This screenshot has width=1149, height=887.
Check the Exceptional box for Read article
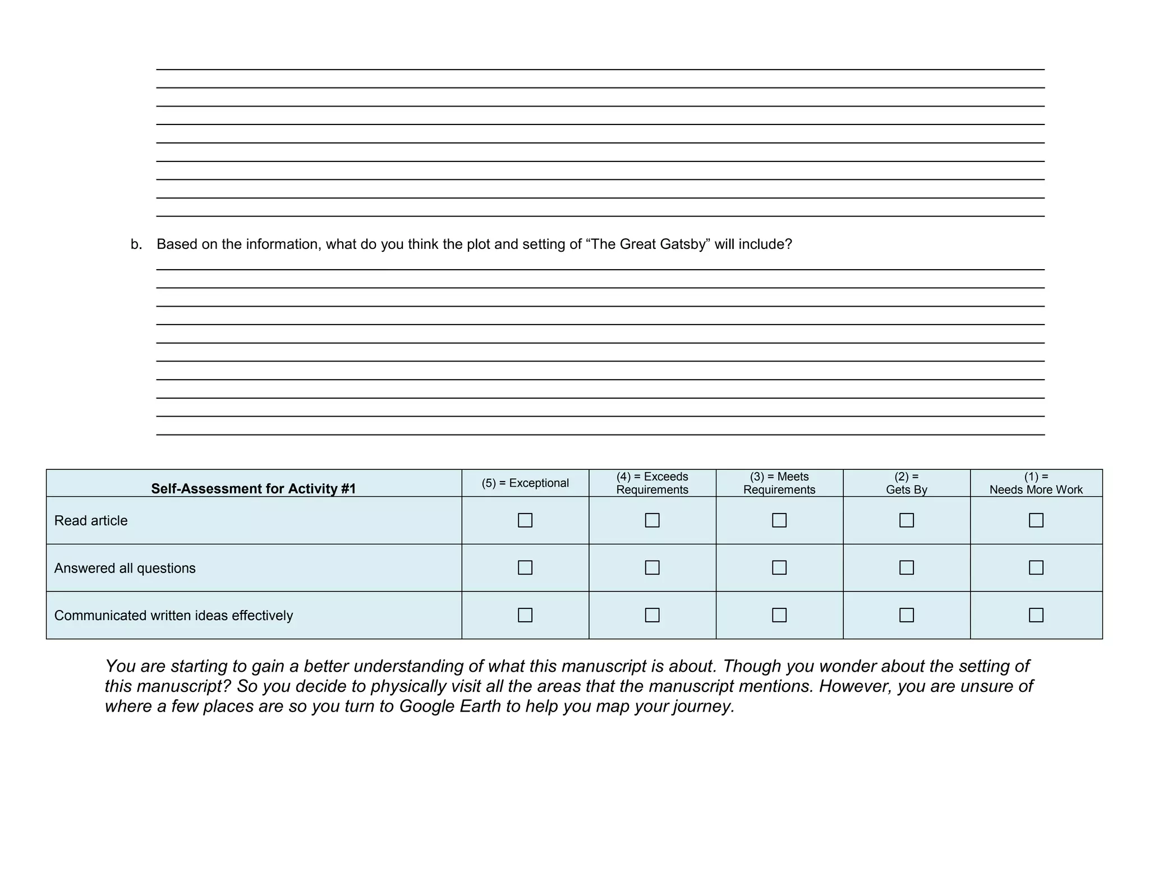coord(525,520)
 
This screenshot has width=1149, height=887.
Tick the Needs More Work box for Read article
coord(1036,520)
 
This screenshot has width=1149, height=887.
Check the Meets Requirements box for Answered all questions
coord(779,567)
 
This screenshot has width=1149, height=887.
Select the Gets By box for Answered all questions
coord(906,567)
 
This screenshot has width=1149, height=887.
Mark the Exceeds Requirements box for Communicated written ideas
coord(652,615)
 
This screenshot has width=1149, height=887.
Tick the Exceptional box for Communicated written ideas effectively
coord(525,615)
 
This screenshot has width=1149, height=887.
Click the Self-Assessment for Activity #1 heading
coord(254,489)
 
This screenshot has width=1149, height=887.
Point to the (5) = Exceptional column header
coord(525,483)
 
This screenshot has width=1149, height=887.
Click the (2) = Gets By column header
coord(906,483)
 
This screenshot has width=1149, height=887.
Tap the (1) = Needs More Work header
coord(1036,483)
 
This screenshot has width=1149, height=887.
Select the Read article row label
coord(91,521)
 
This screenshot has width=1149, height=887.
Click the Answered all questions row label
coord(125,568)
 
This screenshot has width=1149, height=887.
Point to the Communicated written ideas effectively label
coord(173,616)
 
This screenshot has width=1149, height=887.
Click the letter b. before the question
coord(136,244)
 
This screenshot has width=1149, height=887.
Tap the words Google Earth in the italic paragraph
coord(449,706)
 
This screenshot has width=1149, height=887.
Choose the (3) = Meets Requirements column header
coord(779,483)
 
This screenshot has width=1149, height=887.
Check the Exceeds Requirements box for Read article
coord(652,520)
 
